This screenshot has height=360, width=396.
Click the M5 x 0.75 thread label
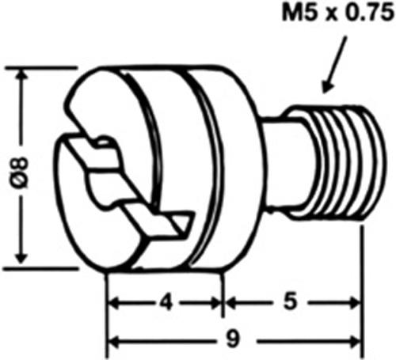[338, 13]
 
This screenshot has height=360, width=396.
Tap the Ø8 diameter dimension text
[21, 172]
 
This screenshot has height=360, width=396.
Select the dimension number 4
[166, 302]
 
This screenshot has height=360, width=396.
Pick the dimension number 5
[291, 301]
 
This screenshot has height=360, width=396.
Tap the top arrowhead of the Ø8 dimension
[21, 74]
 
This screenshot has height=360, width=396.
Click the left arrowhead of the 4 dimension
[113, 303]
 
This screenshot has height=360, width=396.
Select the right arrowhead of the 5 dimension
[354, 302]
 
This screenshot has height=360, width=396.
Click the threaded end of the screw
[341, 164]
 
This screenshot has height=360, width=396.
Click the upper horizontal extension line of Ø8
[41, 68]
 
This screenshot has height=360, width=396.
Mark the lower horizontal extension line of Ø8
[41, 269]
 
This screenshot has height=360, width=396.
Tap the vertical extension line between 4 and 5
[223, 295]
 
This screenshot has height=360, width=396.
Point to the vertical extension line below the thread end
[363, 290]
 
